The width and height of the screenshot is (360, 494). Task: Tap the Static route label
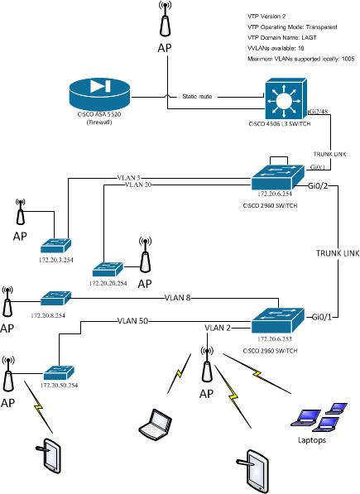tap(196, 97)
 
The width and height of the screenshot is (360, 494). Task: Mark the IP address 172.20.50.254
tap(55, 387)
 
